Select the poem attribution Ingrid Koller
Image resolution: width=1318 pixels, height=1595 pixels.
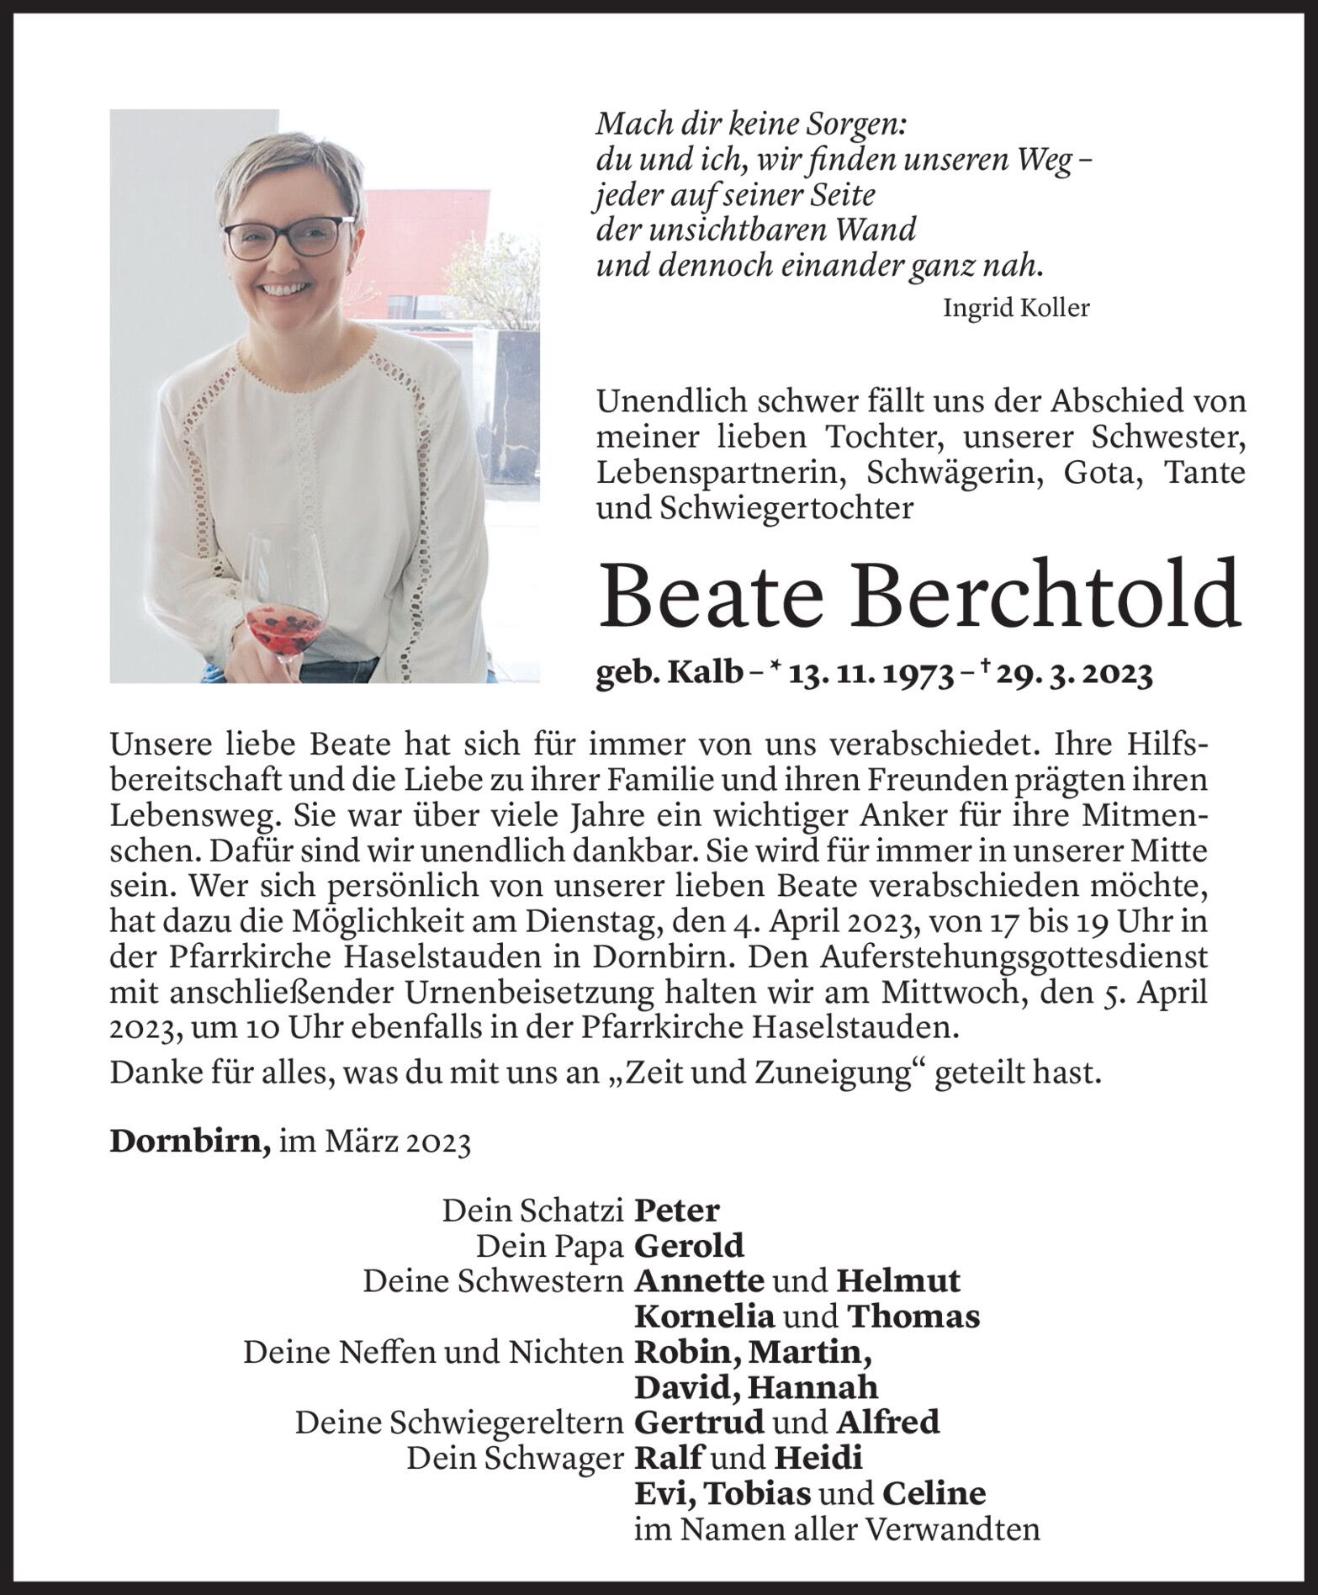[1016, 308]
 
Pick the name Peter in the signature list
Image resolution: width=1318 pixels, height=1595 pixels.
[677, 1211]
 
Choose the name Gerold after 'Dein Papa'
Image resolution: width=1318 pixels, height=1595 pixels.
[689, 1246]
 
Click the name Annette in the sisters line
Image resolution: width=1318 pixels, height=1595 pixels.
[699, 1281]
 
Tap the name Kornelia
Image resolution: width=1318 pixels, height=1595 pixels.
[704, 1317]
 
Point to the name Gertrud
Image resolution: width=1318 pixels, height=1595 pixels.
[699, 1423]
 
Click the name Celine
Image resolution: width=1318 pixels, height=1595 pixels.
[934, 1493]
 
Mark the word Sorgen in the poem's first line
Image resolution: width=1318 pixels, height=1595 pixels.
[852, 125]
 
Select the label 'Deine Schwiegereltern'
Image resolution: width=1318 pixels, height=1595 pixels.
[458, 1423]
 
